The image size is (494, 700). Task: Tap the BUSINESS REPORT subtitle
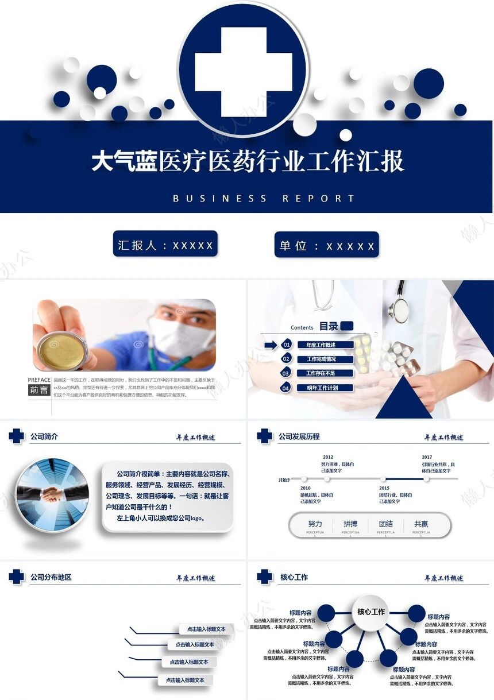coord(264,199)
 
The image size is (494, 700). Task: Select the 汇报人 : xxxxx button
coord(165,245)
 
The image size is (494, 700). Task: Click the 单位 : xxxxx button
coord(327,246)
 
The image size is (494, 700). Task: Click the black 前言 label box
coord(39,390)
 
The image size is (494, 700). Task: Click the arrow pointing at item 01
coord(271,345)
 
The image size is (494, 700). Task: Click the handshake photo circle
coord(52,493)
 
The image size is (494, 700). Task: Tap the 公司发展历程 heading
coord(299,436)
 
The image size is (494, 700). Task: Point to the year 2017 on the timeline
coord(427,458)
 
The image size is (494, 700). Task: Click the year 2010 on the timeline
coord(305,488)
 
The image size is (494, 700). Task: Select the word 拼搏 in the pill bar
coord(350,524)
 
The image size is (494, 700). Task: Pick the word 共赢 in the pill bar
coord(421,524)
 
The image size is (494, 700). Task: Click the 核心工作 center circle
coord(371,612)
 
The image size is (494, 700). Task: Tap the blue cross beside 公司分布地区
coord(16,577)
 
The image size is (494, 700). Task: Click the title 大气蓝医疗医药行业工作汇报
coord(248,161)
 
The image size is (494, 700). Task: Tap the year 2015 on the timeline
coord(384,488)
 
